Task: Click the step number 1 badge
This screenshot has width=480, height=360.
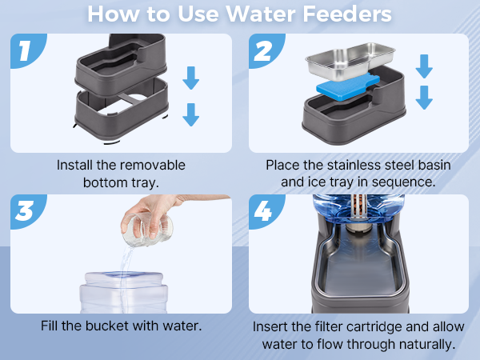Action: click(26, 50)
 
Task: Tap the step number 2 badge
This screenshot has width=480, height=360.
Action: click(264, 50)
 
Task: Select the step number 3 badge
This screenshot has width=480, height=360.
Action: click(26, 210)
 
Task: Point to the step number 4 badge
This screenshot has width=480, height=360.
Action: click(264, 210)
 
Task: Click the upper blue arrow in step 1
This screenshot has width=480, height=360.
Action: click(191, 78)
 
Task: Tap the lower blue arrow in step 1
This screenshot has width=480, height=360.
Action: click(191, 114)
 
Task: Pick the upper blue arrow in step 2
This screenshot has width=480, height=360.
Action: click(424, 66)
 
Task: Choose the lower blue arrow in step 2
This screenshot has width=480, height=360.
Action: click(424, 98)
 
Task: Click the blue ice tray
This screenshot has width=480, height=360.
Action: click(348, 86)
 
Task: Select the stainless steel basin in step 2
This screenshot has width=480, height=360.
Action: click(350, 62)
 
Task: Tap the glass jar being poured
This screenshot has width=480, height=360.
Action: click(148, 230)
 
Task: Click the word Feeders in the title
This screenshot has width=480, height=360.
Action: click(347, 14)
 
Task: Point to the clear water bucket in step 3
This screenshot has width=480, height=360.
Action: click(124, 292)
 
